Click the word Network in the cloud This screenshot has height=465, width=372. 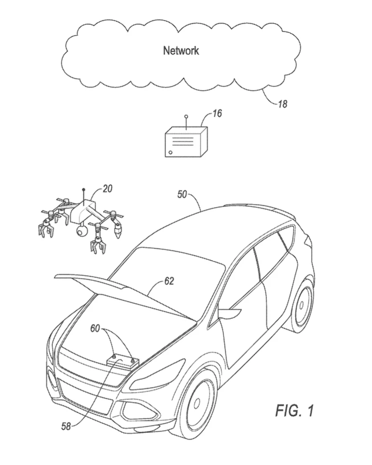tap(181, 50)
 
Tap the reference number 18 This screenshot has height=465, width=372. tap(283, 104)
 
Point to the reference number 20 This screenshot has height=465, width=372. tap(107, 188)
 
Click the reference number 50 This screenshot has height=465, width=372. tap(182, 195)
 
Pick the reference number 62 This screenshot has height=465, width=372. tap(169, 281)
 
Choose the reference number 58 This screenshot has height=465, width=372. tap(66, 427)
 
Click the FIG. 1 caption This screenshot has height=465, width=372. tap(294, 410)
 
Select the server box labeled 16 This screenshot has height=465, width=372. tap(186, 142)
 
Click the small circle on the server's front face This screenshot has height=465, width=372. tap(170, 152)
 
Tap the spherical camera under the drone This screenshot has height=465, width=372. tap(81, 231)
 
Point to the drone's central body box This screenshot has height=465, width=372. tap(83, 212)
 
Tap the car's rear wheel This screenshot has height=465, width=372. tap(303, 305)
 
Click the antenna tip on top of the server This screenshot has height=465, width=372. tap(186, 116)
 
